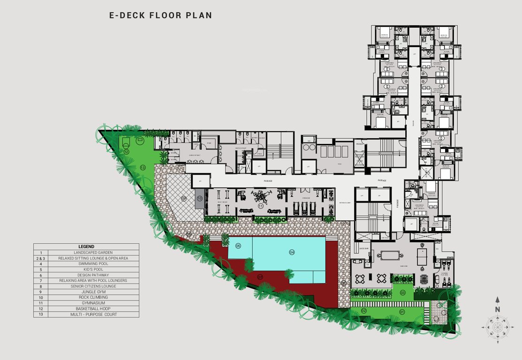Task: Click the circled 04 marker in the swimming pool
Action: click(x=292, y=252)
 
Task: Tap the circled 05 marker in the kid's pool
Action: click(x=238, y=246)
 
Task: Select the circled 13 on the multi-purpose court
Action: click(x=143, y=167)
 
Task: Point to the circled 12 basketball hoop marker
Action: click(x=127, y=151)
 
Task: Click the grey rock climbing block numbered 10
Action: click(x=199, y=198)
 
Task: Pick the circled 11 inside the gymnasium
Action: click(x=260, y=206)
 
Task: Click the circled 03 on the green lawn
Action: click(x=402, y=292)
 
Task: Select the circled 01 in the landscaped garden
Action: click(x=402, y=311)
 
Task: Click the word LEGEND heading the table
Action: click(x=86, y=247)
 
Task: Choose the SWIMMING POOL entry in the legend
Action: click(x=86, y=264)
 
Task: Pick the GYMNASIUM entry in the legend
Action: click(x=86, y=303)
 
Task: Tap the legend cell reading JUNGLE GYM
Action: click(x=86, y=292)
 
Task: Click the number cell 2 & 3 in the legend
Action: click(x=41, y=258)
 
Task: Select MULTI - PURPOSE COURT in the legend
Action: click(x=86, y=315)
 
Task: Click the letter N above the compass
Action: click(x=498, y=309)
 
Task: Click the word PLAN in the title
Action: click(x=200, y=15)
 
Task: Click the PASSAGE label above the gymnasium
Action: click(x=268, y=181)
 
